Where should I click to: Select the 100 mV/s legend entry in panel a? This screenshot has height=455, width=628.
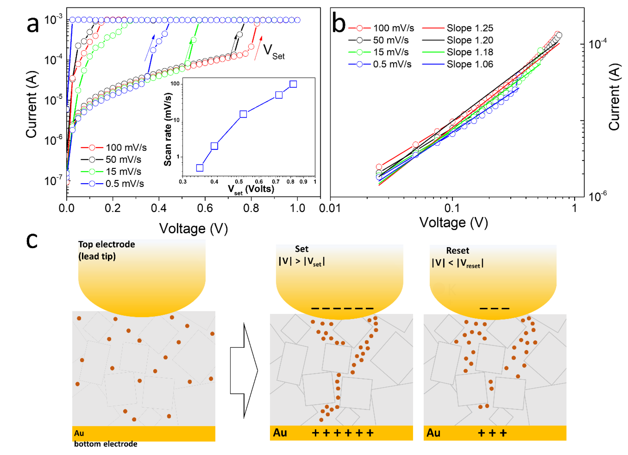[x=126, y=148]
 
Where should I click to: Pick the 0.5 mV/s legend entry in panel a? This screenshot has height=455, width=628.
[x=125, y=184]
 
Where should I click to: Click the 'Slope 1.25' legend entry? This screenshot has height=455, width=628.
[x=470, y=28]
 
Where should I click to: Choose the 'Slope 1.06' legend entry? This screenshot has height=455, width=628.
[x=470, y=64]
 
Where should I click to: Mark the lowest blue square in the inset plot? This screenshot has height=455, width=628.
[x=200, y=168]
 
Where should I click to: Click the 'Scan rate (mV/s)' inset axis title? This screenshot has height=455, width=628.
[x=168, y=129]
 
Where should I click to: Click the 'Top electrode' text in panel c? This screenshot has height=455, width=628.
[x=107, y=244]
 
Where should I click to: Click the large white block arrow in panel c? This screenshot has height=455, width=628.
[x=244, y=370]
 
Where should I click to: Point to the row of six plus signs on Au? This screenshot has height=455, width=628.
[x=343, y=433]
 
